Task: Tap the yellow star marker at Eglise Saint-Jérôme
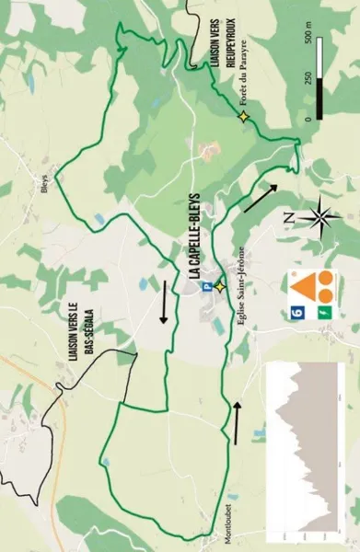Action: [x=220, y=286]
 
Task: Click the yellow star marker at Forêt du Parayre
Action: [x=243, y=117]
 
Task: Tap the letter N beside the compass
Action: [x=288, y=217]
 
